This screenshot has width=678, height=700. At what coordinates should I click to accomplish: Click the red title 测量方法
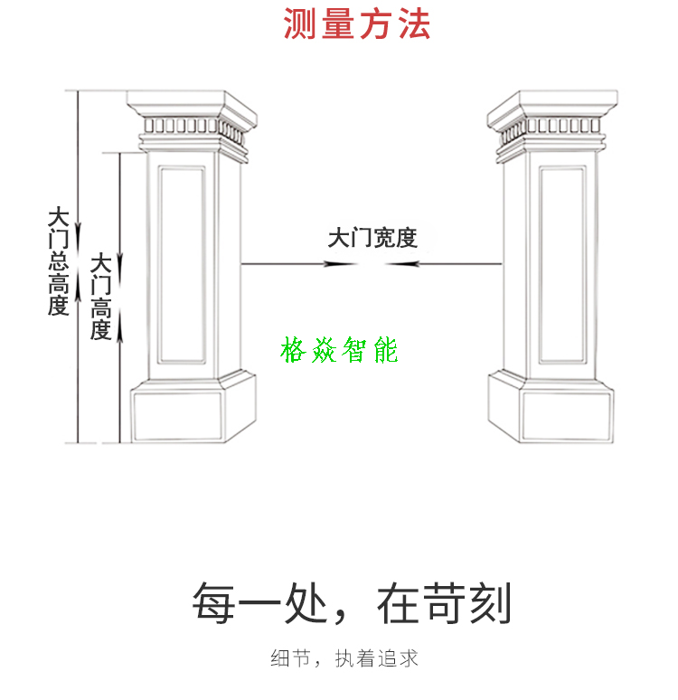[357, 24]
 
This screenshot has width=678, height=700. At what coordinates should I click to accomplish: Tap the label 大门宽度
[372, 238]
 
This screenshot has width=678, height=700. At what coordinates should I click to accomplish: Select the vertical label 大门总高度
[59, 261]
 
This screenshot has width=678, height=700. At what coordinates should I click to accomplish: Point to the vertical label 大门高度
[101, 297]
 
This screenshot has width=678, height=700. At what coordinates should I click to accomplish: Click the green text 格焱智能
[339, 350]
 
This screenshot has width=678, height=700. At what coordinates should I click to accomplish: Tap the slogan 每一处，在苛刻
[352, 602]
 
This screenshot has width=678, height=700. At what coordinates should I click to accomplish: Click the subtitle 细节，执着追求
[344, 658]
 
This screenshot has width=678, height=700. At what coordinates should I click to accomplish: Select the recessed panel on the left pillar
[182, 265]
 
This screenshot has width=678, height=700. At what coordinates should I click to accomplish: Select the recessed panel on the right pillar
[562, 265]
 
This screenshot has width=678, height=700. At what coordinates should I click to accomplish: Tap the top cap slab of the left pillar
[192, 106]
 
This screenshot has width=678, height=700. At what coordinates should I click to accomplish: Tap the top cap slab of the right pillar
[552, 106]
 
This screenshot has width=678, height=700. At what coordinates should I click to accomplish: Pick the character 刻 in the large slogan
[490, 602]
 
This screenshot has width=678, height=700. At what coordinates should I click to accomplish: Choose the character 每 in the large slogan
[213, 602]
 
